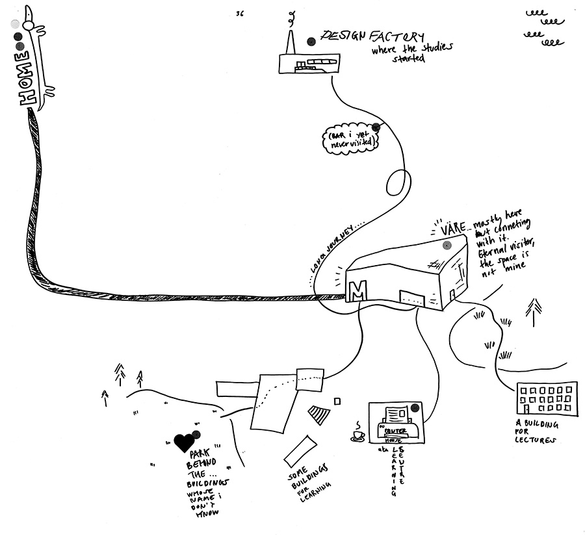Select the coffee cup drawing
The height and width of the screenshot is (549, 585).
(358, 435)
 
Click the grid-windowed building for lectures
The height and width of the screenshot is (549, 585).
(547, 398)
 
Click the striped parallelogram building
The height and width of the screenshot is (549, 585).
(319, 414)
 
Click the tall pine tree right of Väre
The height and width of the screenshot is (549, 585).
(534, 312)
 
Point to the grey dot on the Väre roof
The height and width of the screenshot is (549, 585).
(447, 246)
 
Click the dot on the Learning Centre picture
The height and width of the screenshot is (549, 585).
(414, 409)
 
